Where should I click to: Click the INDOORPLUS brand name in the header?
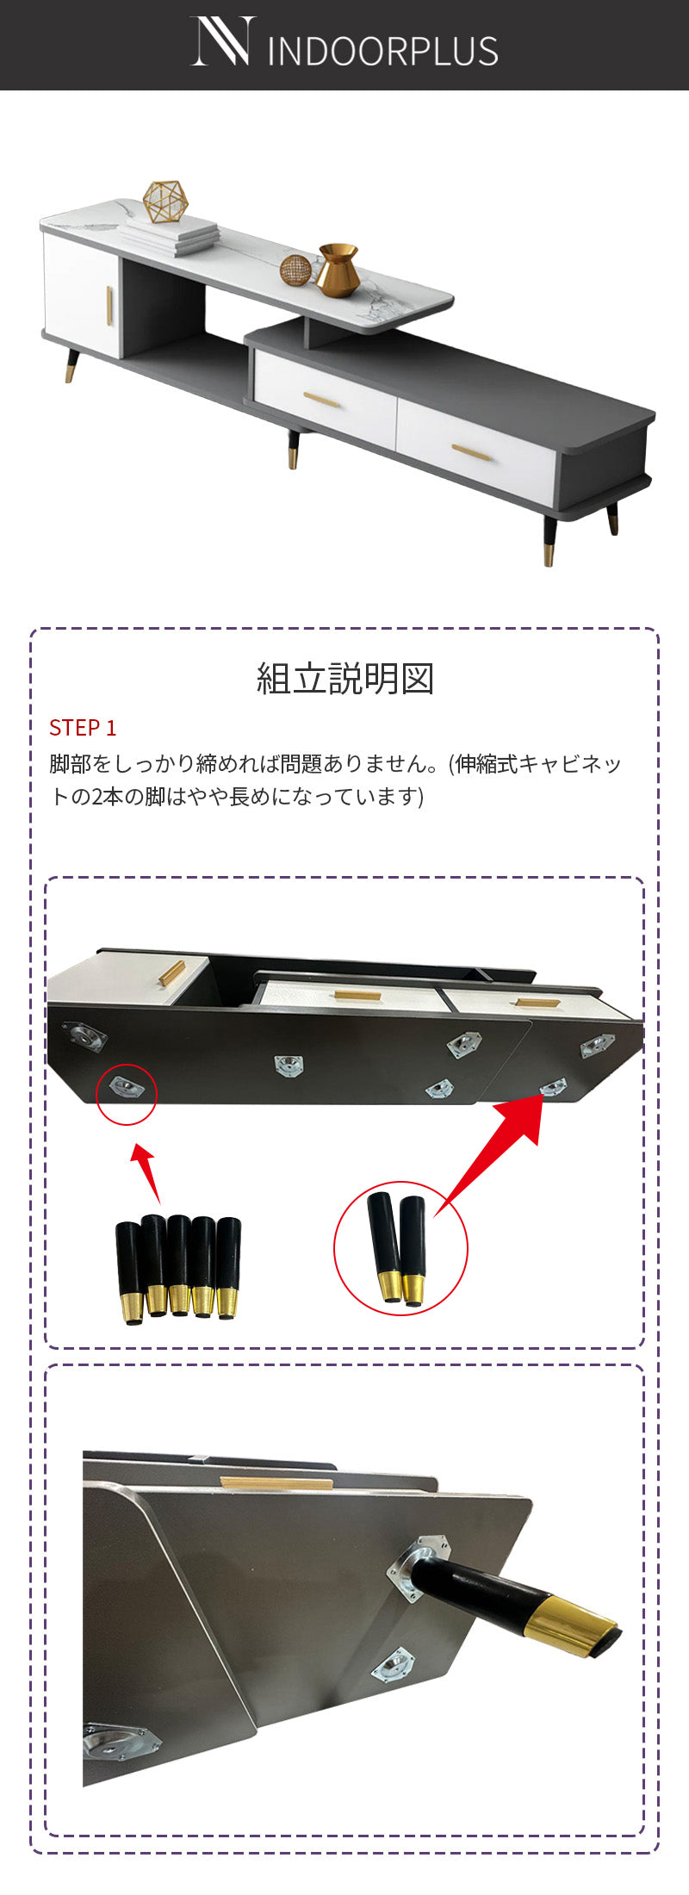point(383,51)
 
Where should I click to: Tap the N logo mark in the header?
point(223,40)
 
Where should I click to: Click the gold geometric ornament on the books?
point(165,202)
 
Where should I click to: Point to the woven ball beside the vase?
point(295,269)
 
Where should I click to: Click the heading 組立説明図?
point(344,679)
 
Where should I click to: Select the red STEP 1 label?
point(83,728)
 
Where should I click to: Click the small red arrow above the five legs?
point(146,1172)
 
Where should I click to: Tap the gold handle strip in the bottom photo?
point(276,1483)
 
